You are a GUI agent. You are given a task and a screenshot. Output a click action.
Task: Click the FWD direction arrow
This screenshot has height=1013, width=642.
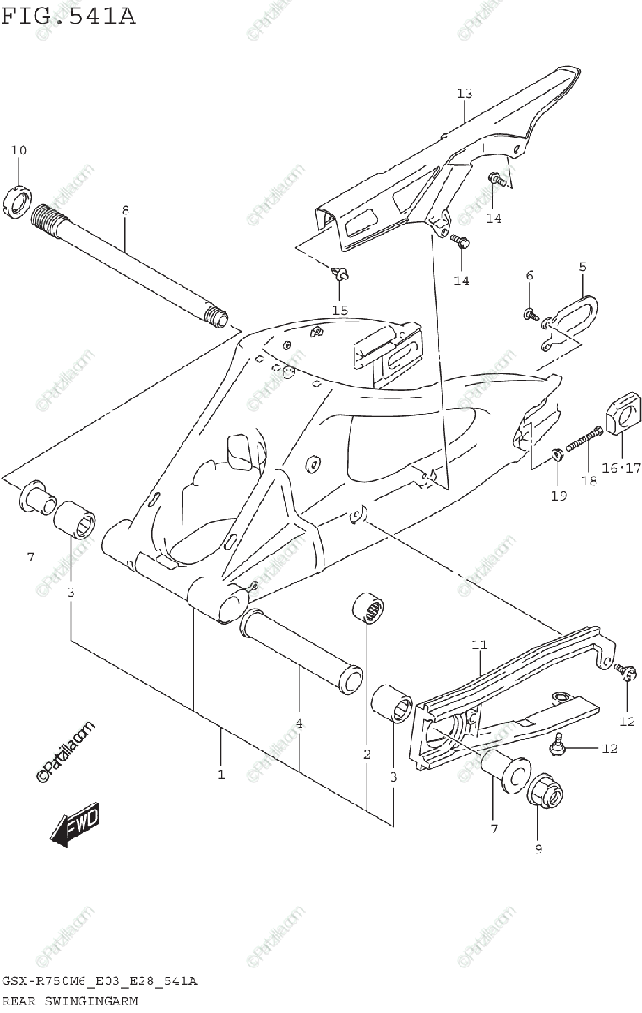click(74, 825)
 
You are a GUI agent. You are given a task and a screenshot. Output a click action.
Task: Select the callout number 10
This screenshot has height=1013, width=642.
click(19, 150)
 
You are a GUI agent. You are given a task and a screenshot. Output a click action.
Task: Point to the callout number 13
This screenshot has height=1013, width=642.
click(465, 94)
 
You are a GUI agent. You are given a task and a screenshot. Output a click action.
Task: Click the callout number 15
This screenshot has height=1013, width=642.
click(339, 310)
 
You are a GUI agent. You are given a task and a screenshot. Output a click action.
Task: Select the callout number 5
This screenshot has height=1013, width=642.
click(582, 267)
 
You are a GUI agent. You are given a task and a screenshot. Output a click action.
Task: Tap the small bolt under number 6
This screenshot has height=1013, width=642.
click(530, 314)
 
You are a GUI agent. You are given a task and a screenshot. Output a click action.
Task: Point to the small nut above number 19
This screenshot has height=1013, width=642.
click(557, 456)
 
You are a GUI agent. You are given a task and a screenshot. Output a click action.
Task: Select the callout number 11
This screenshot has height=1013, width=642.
click(480, 646)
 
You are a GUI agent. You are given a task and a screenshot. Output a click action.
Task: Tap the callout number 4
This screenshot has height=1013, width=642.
click(299, 723)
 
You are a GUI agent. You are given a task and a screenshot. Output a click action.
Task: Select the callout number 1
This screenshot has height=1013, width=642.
click(221, 773)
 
